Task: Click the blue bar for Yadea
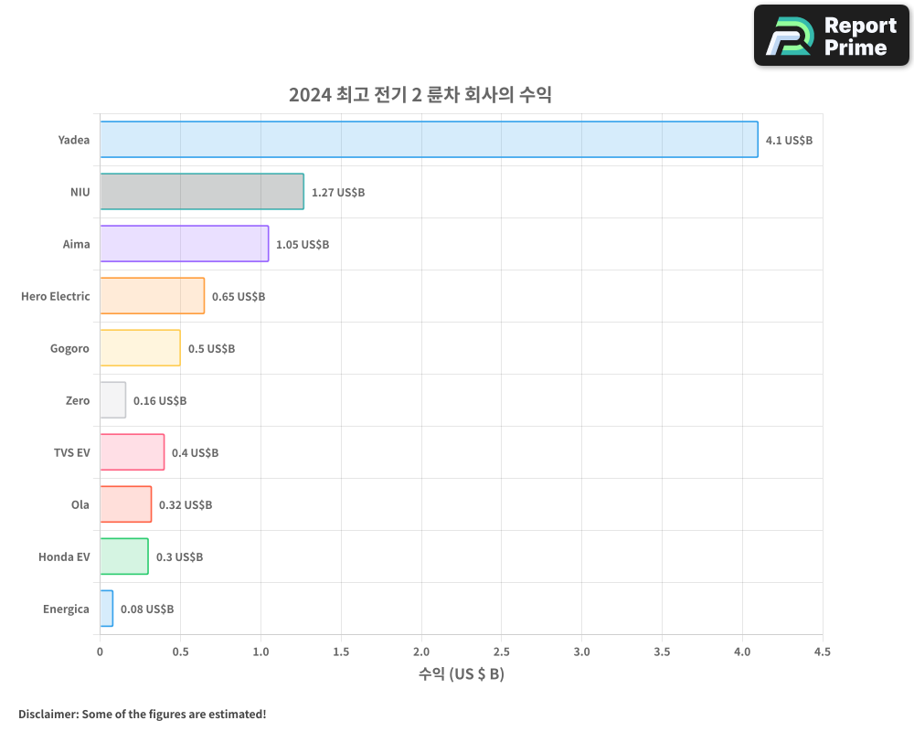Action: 429,140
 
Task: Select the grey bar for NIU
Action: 201,192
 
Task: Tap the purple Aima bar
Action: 184,244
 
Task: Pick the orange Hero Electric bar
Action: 152,296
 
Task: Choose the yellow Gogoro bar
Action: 140,348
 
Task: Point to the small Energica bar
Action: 106,609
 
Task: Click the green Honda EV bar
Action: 123,556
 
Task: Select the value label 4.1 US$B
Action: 789,141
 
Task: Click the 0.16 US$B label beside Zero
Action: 160,401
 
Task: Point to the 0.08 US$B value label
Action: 147,609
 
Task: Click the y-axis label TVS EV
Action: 71,452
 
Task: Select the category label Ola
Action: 80,504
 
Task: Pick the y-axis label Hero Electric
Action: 56,296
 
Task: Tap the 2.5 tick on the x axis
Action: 501,652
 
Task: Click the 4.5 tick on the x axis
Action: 822,652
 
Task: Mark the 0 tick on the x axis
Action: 100,652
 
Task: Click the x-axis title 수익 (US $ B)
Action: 461,674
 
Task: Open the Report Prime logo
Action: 831,36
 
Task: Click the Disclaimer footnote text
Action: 142,714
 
